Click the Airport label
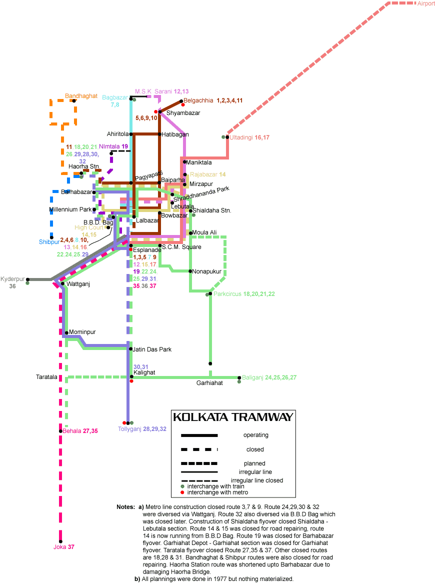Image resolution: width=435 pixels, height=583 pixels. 426,3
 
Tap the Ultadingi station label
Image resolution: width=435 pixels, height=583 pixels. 241,137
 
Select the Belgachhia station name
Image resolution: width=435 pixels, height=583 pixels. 198,100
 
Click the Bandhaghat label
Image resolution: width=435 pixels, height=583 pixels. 81,95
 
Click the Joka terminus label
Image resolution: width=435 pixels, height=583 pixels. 59,547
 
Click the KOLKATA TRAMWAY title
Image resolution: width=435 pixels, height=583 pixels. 232,417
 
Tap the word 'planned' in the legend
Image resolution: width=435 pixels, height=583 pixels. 255,463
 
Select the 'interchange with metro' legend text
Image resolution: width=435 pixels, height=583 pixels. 217,492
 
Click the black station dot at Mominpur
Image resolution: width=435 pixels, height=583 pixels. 66,332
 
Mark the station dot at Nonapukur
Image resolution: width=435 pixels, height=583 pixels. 190,271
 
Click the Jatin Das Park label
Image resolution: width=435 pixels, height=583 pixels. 152,349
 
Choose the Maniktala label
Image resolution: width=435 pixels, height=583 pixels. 199,162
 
